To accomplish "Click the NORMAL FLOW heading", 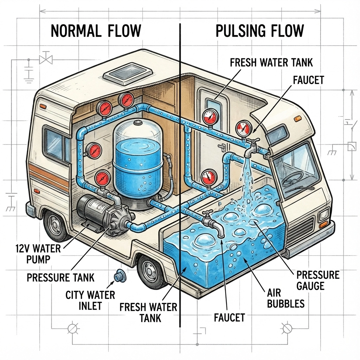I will (x=96, y=31).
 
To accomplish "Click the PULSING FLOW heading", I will (x=259, y=31).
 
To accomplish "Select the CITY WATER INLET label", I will (x=90, y=300).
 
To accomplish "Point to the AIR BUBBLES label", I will (x=285, y=298).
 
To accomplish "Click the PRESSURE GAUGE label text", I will (x=317, y=280).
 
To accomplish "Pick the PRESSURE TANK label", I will (x=60, y=277).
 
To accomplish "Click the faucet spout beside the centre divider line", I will (x=213, y=224).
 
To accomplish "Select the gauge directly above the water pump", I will (x=102, y=178).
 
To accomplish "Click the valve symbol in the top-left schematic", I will (x=45, y=59).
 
